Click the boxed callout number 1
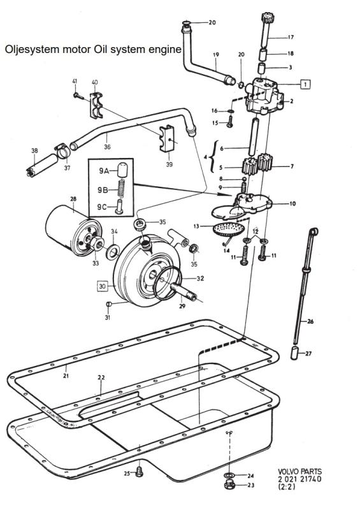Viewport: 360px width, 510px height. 305,84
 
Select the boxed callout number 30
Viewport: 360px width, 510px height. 103,286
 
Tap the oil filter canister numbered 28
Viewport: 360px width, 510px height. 73,230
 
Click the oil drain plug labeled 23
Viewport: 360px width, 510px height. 229,484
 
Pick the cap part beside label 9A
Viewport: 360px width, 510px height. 122,170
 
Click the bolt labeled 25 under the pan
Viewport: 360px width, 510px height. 139,472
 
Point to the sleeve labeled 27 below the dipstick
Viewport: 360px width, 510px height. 294,353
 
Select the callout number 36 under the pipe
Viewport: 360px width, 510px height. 107,147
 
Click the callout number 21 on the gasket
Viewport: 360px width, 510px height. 66,375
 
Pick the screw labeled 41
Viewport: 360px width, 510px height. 78,96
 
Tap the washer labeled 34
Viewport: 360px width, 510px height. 113,252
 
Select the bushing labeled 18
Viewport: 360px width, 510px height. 263,54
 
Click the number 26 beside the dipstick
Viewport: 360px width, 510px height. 310,321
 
